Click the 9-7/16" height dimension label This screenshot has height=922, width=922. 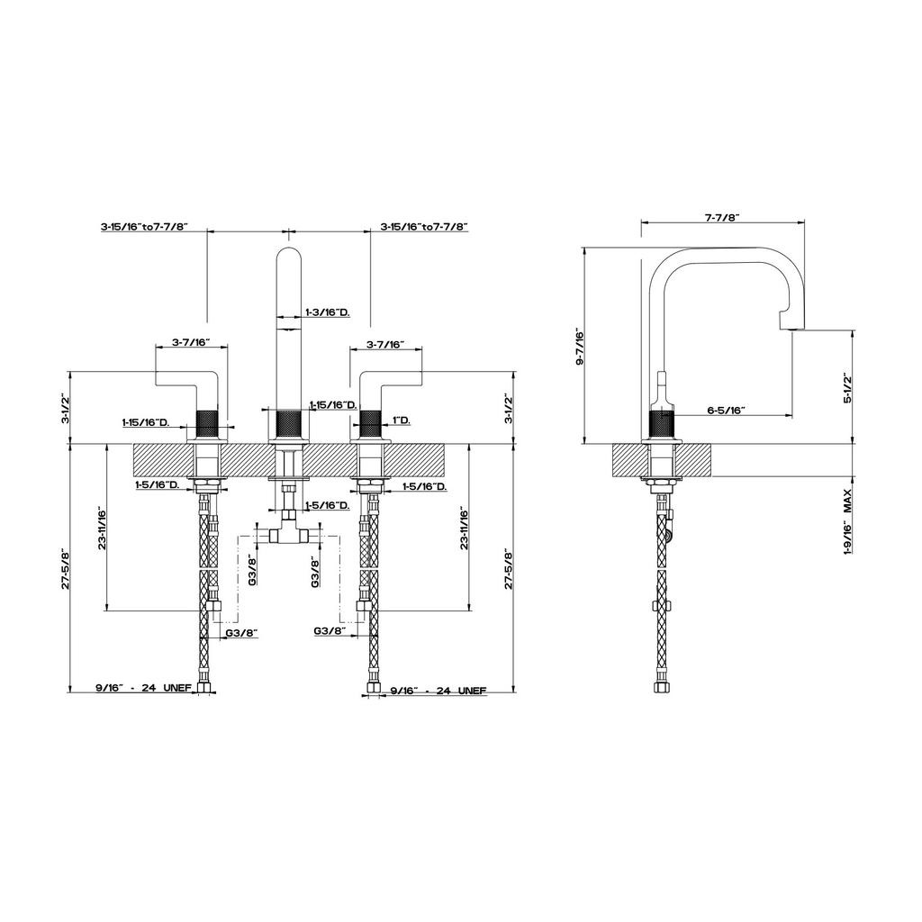(580, 347)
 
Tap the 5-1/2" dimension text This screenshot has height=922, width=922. (847, 387)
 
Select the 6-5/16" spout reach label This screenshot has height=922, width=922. (727, 410)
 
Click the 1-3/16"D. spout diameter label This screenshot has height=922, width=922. (328, 312)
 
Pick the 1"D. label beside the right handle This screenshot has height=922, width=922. (401, 420)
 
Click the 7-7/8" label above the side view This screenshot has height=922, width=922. (722, 217)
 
